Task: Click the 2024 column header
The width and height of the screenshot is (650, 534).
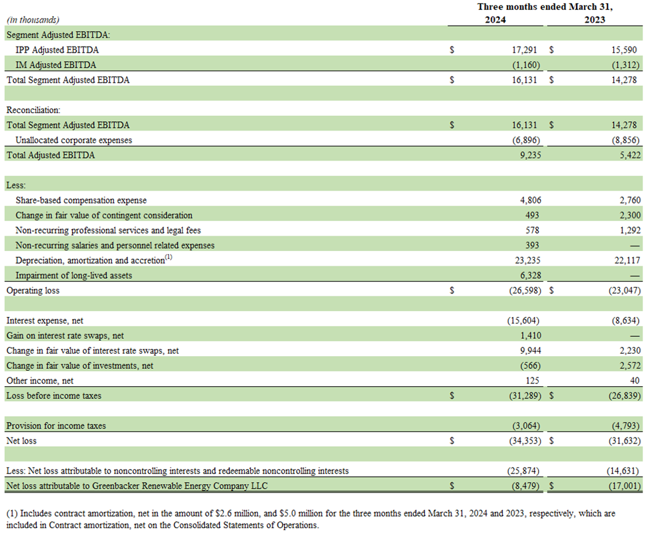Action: pos(495,20)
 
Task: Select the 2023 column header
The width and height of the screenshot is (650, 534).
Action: pos(595,20)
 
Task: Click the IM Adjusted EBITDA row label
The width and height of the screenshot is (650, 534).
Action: pos(55,65)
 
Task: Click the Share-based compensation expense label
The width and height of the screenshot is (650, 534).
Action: pos(81,200)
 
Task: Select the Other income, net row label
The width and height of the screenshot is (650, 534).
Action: pos(39,381)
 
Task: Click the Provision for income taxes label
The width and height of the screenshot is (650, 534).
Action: pos(56,425)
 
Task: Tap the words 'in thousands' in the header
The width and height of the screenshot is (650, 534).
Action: pos(32,21)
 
